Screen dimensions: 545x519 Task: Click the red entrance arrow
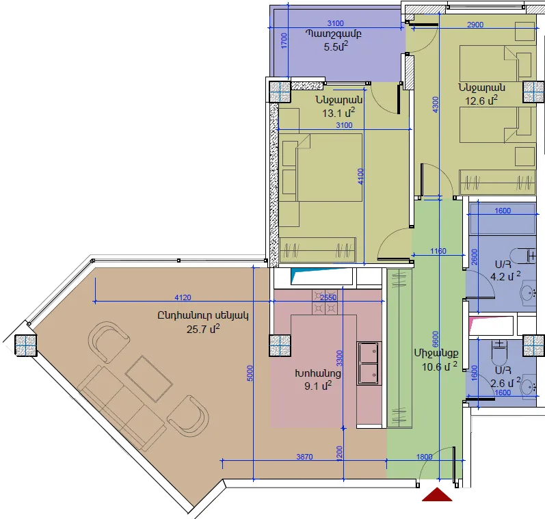click(x=437, y=494)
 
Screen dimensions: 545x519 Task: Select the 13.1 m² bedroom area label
click(x=338, y=113)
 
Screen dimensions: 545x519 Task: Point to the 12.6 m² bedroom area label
click(x=481, y=101)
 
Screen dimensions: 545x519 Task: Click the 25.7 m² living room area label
click(x=203, y=329)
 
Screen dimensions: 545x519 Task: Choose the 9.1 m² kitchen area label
click(x=318, y=386)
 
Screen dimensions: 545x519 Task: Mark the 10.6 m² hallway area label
click(x=440, y=367)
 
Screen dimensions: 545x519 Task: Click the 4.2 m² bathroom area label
click(x=505, y=277)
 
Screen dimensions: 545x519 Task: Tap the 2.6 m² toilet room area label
click(x=505, y=383)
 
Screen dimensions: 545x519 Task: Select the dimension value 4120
click(x=183, y=297)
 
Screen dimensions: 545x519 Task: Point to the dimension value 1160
click(x=438, y=251)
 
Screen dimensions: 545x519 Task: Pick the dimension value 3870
click(x=304, y=457)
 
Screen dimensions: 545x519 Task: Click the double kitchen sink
click(x=369, y=363)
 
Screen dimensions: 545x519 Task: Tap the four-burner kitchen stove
click(x=325, y=302)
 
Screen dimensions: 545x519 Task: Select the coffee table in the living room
click(x=149, y=379)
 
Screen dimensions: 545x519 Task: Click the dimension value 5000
click(x=250, y=373)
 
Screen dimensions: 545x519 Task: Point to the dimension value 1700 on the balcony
click(x=284, y=40)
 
